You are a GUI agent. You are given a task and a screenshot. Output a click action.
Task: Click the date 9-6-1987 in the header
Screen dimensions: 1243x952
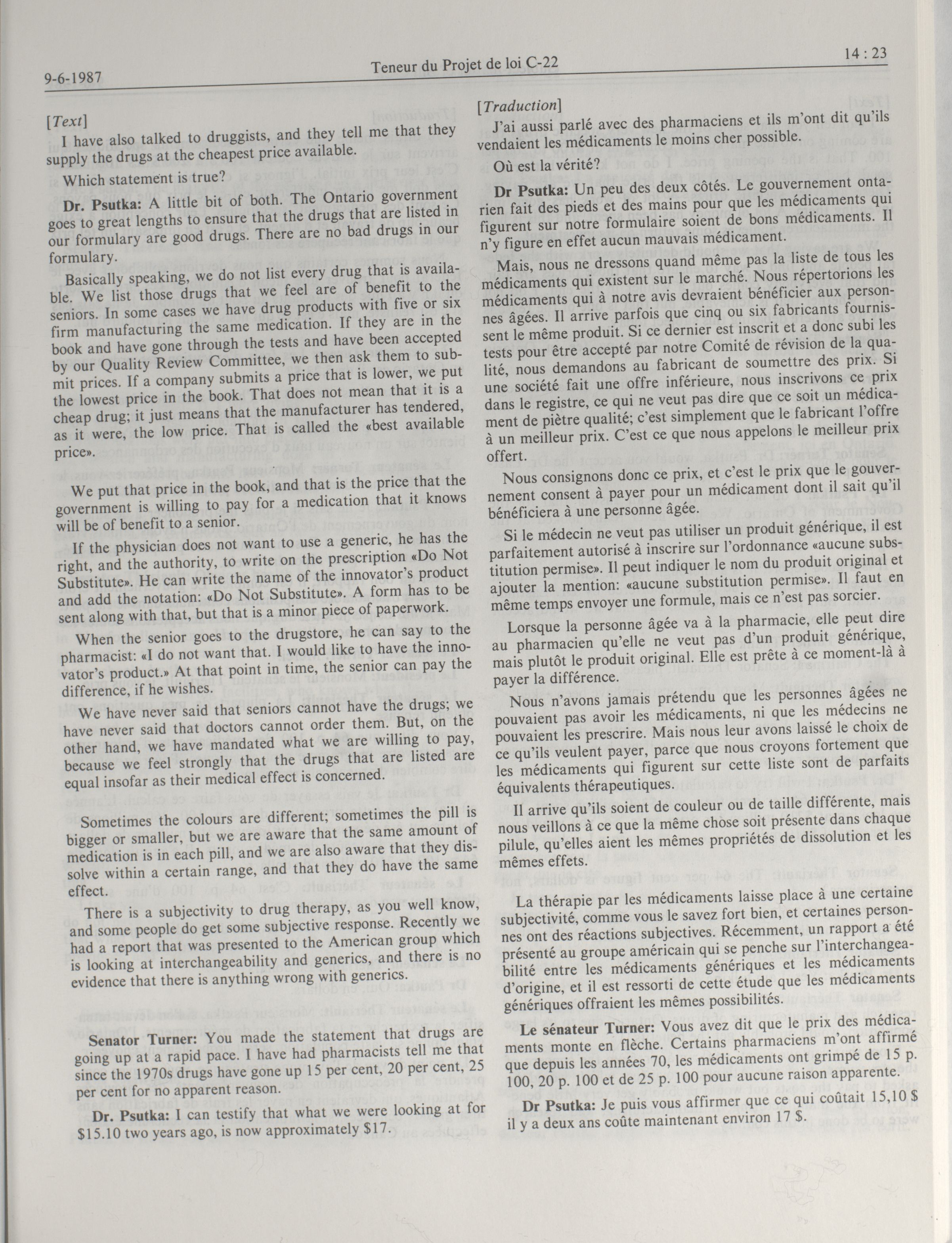click(73, 78)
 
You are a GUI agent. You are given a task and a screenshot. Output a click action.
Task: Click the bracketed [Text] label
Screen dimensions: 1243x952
click(67, 121)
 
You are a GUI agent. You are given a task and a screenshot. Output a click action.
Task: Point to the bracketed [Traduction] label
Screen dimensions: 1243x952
click(519, 105)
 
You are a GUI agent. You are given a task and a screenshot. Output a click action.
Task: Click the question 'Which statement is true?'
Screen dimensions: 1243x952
click(144, 178)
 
